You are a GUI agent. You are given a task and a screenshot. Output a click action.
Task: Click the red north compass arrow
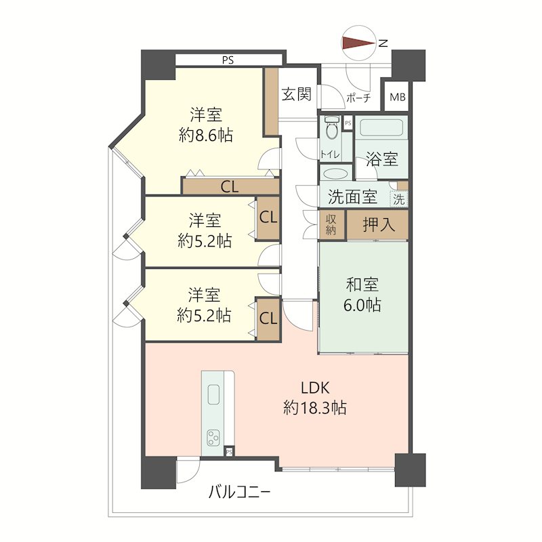pos(357,44)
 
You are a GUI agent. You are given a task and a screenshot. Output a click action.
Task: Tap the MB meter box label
pos(397,98)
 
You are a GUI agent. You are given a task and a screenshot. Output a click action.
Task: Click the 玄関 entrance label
pos(296,95)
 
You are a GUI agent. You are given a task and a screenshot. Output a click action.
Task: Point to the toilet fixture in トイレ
pos(331,130)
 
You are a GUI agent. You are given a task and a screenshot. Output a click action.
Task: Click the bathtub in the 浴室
pos(382,127)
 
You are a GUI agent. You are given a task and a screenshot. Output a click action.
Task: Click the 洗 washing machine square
pos(400,199)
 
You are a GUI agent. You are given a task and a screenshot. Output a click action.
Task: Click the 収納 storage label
pos(331,224)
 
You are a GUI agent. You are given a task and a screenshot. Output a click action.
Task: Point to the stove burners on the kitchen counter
pos(214,437)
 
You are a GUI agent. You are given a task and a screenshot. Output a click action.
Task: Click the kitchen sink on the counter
pos(213,394)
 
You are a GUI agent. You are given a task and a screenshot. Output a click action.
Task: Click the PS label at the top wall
pos(227,60)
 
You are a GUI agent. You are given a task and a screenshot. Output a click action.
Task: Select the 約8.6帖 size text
pos(206,135)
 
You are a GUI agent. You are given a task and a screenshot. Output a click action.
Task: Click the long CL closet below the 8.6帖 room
pos(230,187)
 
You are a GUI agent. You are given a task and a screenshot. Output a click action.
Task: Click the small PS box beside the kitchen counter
pos(230,451)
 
